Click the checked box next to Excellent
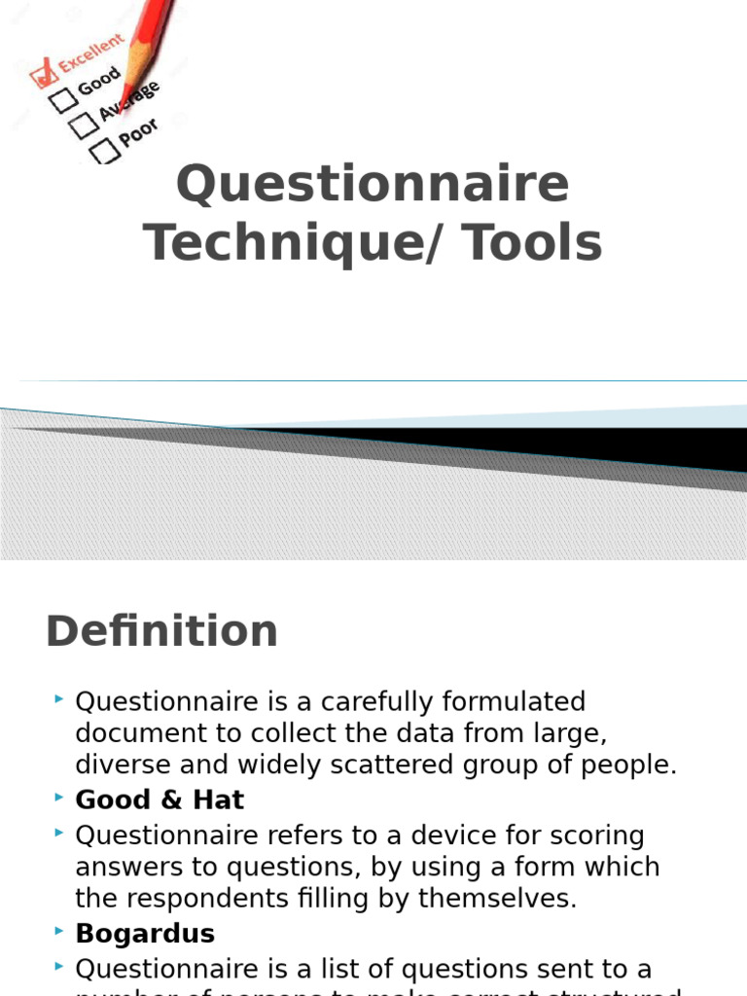coord(43,74)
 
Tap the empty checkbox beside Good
coord(64,99)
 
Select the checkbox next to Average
coord(84,125)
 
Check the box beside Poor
coord(104,151)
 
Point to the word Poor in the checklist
coord(139,131)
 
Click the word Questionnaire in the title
coord(373,184)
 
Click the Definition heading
coord(161,630)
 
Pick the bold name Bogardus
coord(145,934)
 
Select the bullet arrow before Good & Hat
coord(60,799)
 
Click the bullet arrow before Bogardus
coord(60,932)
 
